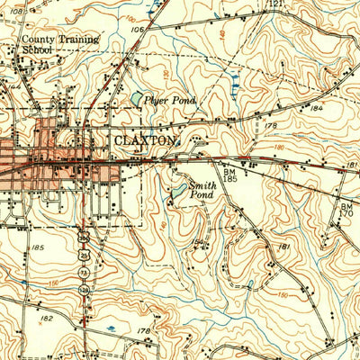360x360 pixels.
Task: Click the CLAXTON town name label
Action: click(x=148, y=141)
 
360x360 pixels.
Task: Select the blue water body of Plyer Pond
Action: click(x=137, y=99)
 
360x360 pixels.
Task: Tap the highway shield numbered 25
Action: click(x=84, y=250)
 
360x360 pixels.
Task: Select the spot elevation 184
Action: click(x=316, y=108)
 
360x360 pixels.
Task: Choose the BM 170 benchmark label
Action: click(x=346, y=211)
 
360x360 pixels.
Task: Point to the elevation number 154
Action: click(x=197, y=240)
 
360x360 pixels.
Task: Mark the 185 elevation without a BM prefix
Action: click(x=37, y=247)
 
